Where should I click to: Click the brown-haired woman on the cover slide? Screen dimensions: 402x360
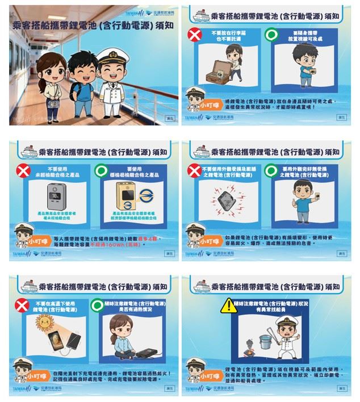click(x=48, y=79)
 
